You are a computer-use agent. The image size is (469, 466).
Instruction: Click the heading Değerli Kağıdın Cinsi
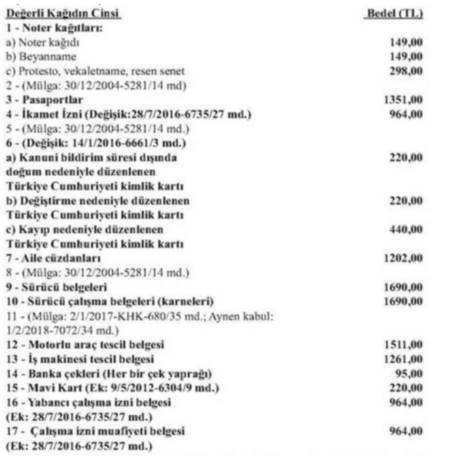point(63,14)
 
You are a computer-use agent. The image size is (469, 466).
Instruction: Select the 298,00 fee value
point(406,71)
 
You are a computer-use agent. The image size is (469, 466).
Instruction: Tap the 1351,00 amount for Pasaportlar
point(403,100)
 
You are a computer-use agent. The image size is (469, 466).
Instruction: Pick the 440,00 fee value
point(406,230)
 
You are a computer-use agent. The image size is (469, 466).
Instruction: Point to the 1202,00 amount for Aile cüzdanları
point(403,258)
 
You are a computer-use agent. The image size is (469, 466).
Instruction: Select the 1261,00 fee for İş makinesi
point(403,359)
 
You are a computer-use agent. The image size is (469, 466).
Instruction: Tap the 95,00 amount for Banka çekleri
point(409,374)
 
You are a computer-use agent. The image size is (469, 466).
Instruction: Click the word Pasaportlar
point(53,100)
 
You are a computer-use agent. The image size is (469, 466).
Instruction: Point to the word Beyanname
point(48,57)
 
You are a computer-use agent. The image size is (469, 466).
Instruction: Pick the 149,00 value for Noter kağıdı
point(406,42)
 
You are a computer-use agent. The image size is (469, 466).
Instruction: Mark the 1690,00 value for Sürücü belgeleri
point(403,287)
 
